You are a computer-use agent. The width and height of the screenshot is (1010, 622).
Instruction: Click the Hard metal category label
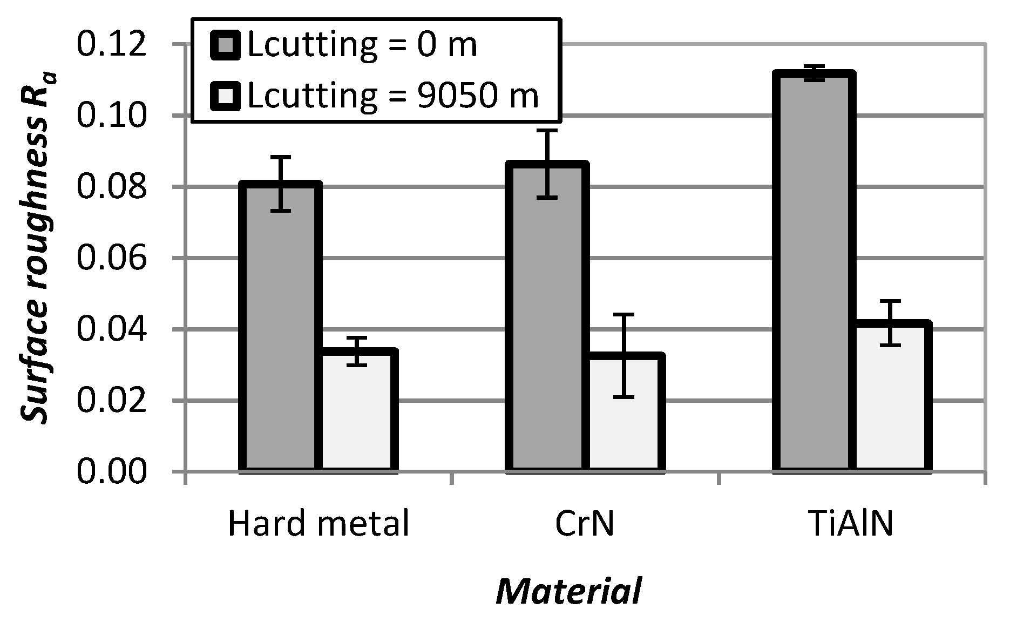(318, 524)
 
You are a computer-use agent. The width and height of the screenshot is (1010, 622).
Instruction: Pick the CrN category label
(585, 524)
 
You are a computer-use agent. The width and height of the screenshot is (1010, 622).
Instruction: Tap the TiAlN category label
(852, 524)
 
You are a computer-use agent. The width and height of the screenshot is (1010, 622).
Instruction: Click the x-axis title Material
(570, 592)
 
